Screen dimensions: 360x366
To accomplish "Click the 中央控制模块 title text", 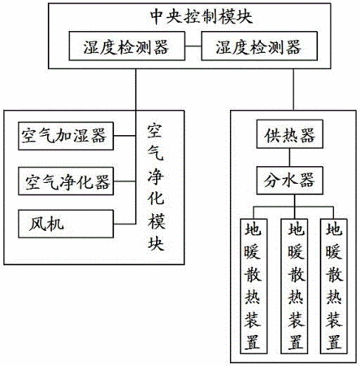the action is (202, 17).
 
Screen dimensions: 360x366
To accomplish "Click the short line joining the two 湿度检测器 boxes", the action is (193, 46).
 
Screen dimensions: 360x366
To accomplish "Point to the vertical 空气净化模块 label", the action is (156, 187).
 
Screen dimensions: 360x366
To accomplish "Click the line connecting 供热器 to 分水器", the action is (289, 157).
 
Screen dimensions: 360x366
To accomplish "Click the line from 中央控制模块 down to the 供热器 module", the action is (293, 89).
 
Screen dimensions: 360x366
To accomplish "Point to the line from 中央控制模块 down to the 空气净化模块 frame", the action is (136, 89).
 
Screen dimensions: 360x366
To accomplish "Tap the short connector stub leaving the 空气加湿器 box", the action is (124, 136).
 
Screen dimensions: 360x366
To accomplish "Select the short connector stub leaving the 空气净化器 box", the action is (124, 181).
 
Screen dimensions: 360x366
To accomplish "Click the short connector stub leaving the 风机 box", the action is (124, 224).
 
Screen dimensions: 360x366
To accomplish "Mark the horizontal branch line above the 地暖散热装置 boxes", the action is (293, 207).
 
